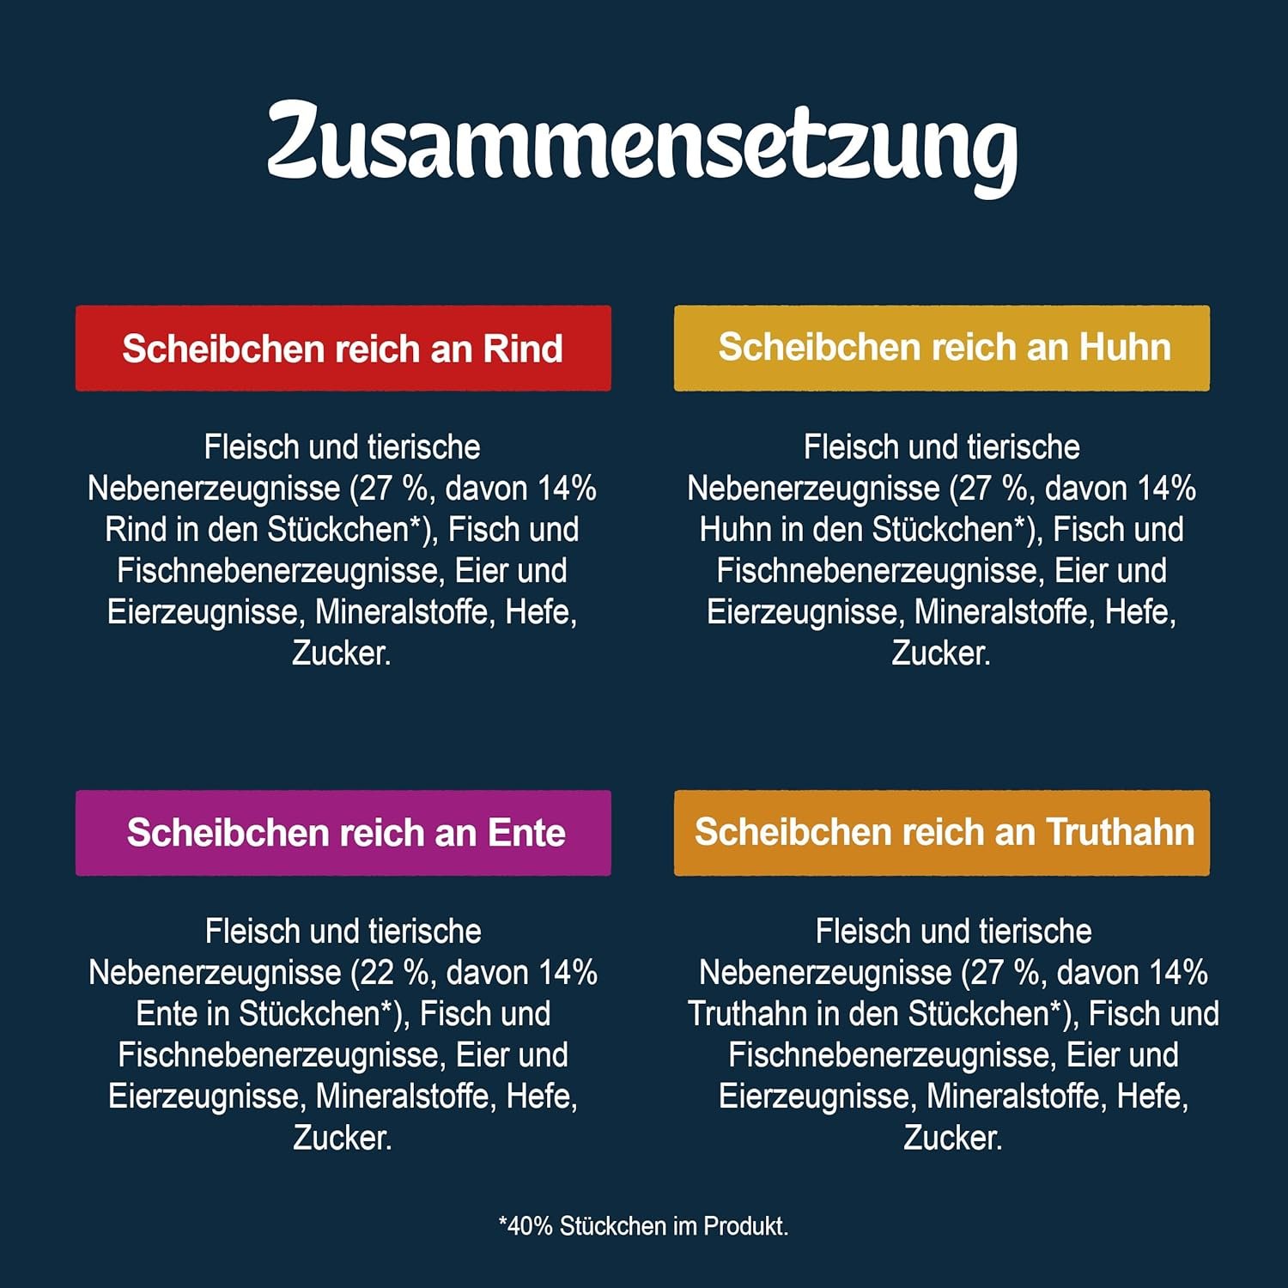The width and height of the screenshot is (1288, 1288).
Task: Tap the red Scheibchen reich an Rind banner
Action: click(343, 349)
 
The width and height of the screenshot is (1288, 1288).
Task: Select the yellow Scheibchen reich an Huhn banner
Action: click(942, 349)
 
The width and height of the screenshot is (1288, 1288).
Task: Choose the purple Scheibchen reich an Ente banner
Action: click(343, 833)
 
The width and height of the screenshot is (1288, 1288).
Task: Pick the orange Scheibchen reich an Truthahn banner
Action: click(942, 833)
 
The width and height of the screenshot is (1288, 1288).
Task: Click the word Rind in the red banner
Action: click(522, 349)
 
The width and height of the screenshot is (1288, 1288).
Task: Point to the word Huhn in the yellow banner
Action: click(1125, 348)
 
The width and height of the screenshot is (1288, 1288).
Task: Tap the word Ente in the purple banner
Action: click(526, 833)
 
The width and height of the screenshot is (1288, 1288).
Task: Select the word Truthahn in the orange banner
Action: click(1120, 832)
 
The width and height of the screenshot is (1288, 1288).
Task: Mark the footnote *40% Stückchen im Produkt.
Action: click(643, 1225)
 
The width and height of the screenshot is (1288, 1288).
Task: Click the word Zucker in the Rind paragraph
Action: click(341, 653)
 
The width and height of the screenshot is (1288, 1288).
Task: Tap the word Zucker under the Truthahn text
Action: click(952, 1138)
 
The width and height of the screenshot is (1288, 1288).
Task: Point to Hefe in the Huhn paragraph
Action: click(1139, 612)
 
